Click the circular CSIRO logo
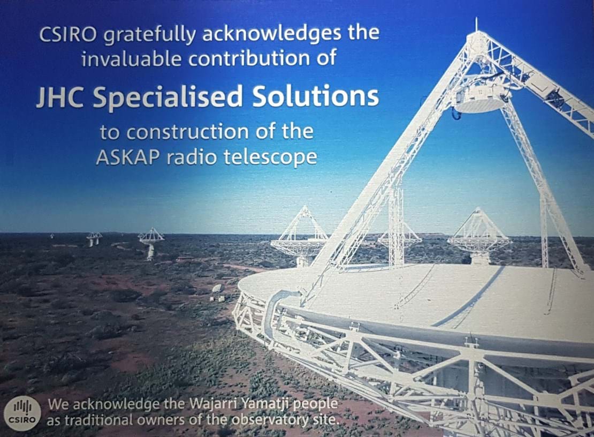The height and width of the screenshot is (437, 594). [22, 413]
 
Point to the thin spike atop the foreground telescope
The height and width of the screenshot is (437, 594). [476, 24]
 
